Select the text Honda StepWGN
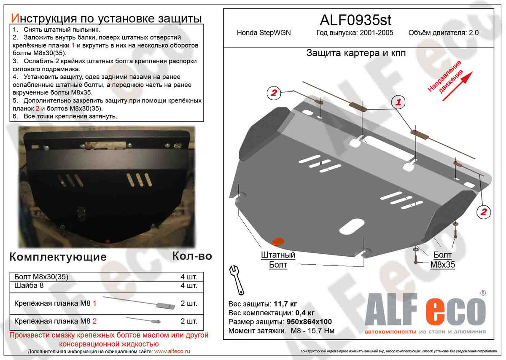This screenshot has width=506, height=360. click(x=264, y=33)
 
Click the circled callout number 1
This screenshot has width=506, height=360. click(x=398, y=102)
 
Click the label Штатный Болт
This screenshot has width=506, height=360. click(x=278, y=260)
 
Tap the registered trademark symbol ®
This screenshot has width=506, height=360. click(x=483, y=292)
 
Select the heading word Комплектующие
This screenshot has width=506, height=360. click(x=58, y=257)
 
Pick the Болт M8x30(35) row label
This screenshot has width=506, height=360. click(x=41, y=277)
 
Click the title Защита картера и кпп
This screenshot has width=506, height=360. click(x=356, y=53)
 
